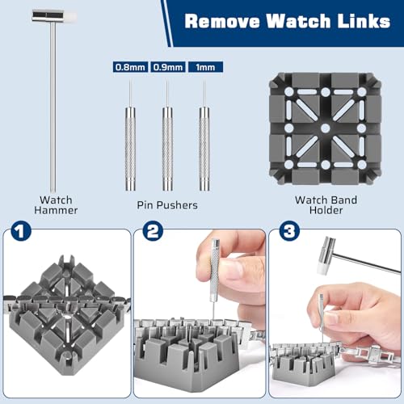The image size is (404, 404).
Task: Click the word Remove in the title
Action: [x=222, y=21]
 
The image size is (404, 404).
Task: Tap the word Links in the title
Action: [x=364, y=21]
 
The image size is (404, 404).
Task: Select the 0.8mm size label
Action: [x=130, y=67]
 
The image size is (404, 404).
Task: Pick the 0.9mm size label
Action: [x=168, y=67]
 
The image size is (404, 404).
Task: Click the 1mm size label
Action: [x=205, y=67]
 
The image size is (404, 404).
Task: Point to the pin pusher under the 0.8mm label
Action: [x=130, y=149]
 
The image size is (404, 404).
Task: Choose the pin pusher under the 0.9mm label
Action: [x=167, y=149]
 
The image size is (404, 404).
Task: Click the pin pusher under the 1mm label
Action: [x=204, y=149]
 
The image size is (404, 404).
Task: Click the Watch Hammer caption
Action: [x=56, y=205]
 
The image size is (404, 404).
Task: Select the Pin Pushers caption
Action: [x=167, y=205]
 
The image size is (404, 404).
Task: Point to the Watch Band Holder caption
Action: [x=326, y=205]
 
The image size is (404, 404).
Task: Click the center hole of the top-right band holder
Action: [x=326, y=128]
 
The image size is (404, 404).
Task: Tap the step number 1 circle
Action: [x=21, y=231]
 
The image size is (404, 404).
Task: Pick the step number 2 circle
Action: [x=153, y=231]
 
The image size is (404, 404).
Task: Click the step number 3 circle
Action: [x=289, y=231]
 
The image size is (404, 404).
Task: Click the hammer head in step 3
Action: [x=326, y=255]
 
